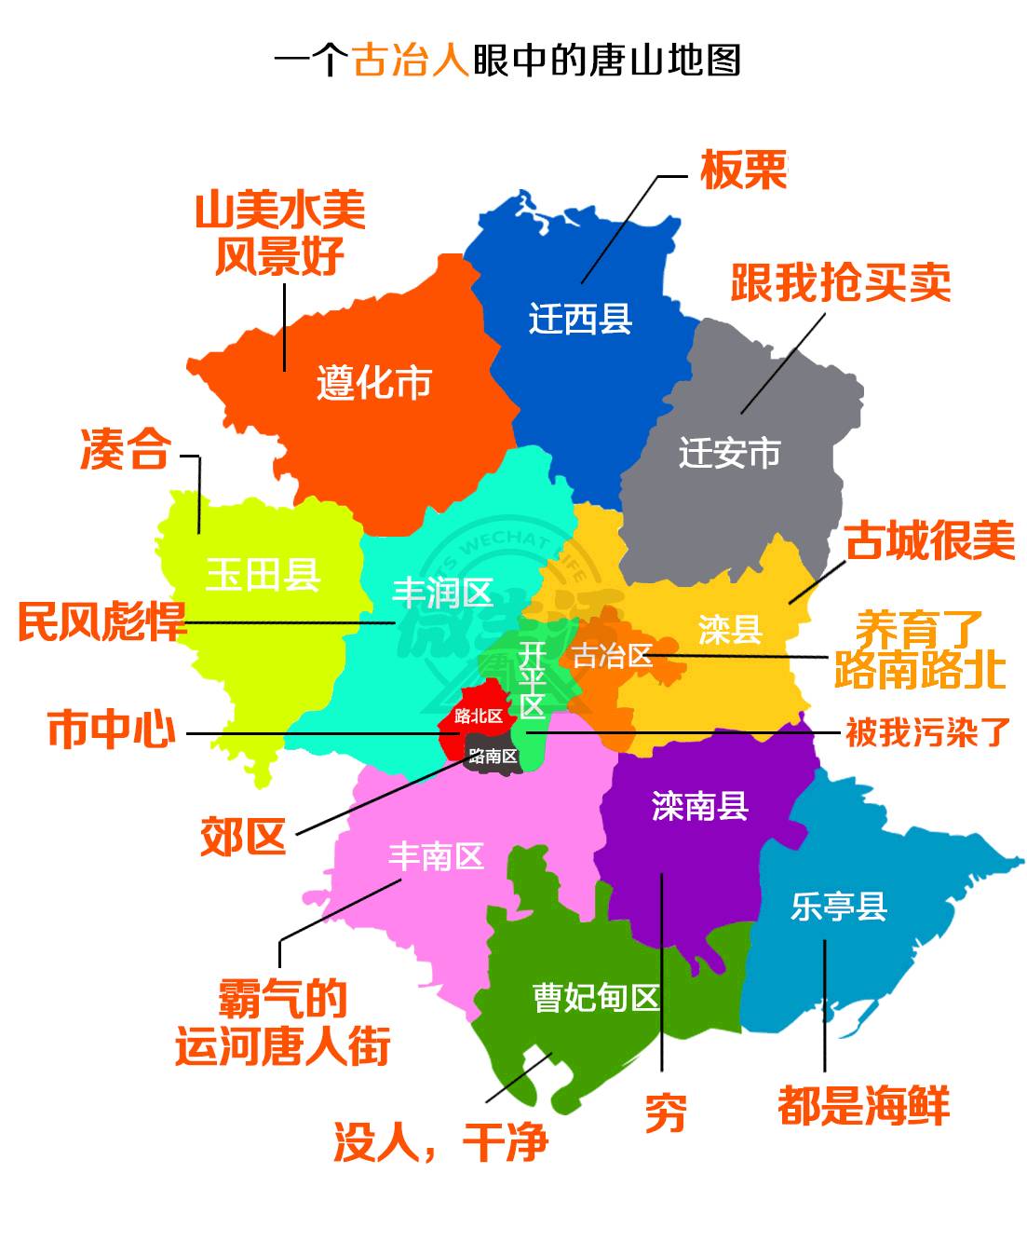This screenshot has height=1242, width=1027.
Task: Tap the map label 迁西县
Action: [x=580, y=319]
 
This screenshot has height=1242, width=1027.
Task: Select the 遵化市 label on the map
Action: [x=374, y=382]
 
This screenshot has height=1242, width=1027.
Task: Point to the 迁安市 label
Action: [x=729, y=453]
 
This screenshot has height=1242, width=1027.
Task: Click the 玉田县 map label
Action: [x=264, y=575]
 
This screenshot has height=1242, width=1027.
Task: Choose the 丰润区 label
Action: [x=443, y=593]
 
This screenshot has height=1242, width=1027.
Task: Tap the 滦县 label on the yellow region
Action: [x=730, y=630]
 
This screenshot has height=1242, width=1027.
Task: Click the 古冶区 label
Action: [x=612, y=656]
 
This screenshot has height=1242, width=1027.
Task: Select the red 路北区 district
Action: [x=478, y=716]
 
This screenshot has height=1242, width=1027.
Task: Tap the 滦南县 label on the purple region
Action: [x=699, y=806]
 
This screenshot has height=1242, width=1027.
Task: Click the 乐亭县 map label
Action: [x=839, y=906]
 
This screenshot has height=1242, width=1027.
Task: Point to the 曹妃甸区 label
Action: [x=596, y=998]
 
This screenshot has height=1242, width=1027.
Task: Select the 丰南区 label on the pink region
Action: [x=436, y=855]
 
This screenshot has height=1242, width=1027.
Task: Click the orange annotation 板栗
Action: [x=743, y=171]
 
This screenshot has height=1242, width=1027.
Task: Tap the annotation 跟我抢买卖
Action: [x=840, y=282]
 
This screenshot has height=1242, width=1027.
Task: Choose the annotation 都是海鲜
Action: [x=863, y=1106]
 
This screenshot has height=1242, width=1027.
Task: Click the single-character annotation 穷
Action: [x=666, y=1113]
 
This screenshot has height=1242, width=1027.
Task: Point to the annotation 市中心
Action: [x=112, y=729]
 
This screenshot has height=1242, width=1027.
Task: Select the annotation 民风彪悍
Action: [x=102, y=621]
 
